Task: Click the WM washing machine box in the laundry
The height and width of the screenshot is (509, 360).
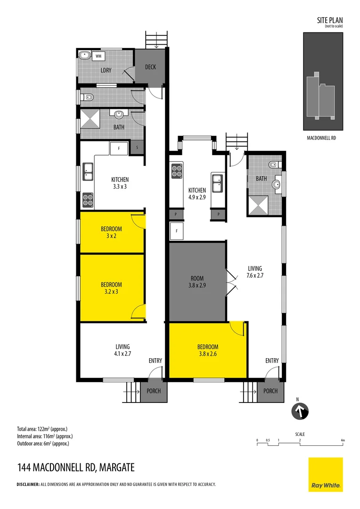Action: pos(98,56)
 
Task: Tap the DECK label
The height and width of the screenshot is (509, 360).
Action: pos(150,67)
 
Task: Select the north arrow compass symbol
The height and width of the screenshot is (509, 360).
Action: pos(298,411)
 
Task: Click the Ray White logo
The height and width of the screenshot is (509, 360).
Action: pos(326,474)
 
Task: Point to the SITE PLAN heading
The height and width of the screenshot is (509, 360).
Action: pos(330,20)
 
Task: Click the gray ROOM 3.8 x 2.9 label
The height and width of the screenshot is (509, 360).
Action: pos(197,281)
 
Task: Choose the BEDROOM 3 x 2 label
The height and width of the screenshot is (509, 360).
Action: pos(111,232)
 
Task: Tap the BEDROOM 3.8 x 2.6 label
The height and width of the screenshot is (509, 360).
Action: pos(208,351)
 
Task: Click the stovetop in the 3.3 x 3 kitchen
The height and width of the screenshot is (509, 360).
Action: pos(88,200)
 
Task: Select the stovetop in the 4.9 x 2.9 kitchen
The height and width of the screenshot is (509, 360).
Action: pos(177,171)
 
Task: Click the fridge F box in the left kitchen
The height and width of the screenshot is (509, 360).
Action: pos(119,148)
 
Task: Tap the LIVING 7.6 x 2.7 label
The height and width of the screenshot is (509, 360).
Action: pos(255,272)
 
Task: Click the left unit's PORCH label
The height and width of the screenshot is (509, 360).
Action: pos(154,391)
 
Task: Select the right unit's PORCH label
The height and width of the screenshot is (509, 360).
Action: pos(270,391)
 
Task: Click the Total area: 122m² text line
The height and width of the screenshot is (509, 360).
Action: pos(42,429)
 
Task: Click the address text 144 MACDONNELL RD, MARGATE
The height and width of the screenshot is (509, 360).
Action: pos(76,468)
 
